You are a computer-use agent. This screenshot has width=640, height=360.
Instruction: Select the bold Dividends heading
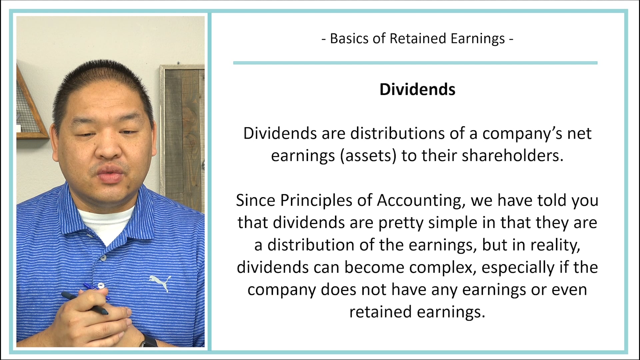click(x=417, y=89)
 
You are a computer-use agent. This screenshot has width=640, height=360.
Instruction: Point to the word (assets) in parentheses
click(x=368, y=156)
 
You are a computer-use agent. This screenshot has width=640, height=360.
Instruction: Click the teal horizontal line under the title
click(x=415, y=63)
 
